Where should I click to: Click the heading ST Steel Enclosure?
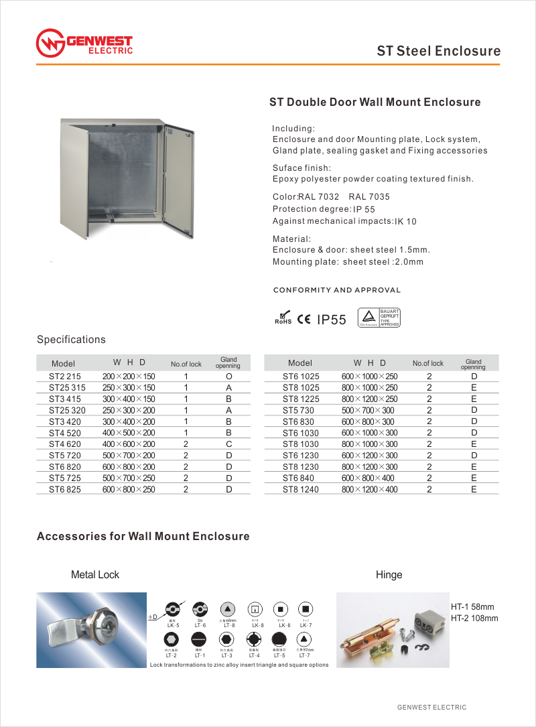[x=438, y=51]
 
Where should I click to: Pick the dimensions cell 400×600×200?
[x=129, y=444]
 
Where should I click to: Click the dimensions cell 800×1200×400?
[x=369, y=490]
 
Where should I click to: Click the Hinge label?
[x=389, y=575]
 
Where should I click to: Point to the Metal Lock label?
[x=95, y=575]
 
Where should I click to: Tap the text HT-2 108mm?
[x=474, y=618]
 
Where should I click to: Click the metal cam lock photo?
[x=90, y=630]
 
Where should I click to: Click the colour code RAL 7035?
[x=369, y=197]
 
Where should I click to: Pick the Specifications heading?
[x=71, y=340]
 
